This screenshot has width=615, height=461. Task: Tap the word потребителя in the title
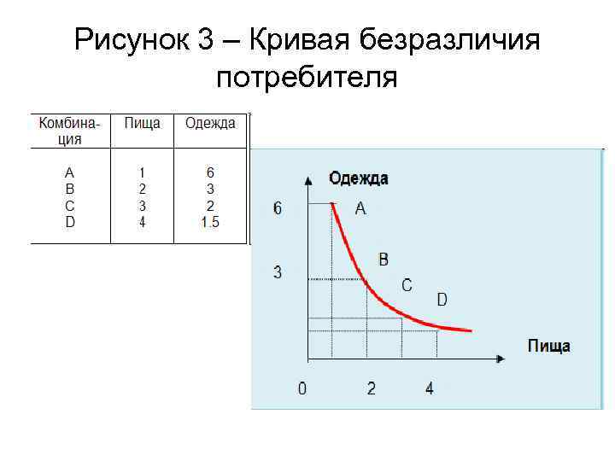pos(307,78)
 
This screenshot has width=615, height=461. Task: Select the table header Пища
pos(142,124)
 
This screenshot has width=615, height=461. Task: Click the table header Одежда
pos(210,124)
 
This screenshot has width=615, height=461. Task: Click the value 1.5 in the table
pos(210,223)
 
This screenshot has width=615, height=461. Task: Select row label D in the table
pos(70,223)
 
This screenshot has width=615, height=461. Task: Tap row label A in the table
pos(70,172)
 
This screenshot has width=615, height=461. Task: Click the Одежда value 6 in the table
pos(210,172)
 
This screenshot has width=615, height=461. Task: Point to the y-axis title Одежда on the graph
pos(359,178)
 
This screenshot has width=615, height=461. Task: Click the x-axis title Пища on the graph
pos(548,346)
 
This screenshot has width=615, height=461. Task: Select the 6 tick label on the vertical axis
pos(277,207)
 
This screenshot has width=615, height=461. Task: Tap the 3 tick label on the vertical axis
pos(277,272)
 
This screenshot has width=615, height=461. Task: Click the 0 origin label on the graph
pos(302,388)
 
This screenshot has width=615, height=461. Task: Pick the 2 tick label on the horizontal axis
pos(372,388)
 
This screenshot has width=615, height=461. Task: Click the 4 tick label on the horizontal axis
pos(429,388)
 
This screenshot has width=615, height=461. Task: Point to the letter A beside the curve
pos(360,208)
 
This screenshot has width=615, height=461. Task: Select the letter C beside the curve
pos(407,284)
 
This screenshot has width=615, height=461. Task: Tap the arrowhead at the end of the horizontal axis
pos(501,358)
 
